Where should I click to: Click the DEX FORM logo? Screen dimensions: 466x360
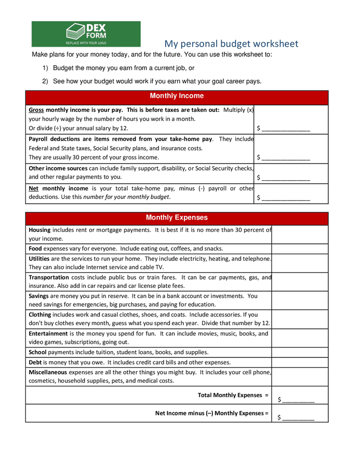point(86,34)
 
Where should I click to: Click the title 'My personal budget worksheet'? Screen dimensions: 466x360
point(231,43)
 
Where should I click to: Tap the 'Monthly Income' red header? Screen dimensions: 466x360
point(177,96)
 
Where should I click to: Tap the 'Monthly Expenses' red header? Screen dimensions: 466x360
point(177,218)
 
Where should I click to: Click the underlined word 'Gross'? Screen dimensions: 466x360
point(36,110)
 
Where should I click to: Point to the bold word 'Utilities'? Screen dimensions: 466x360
point(39,258)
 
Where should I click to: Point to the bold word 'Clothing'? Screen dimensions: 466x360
point(40,314)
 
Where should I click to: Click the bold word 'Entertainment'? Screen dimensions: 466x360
point(48,333)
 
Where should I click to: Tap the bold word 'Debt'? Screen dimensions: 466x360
point(35,362)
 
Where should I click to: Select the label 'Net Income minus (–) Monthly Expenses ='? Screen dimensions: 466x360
point(212,413)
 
